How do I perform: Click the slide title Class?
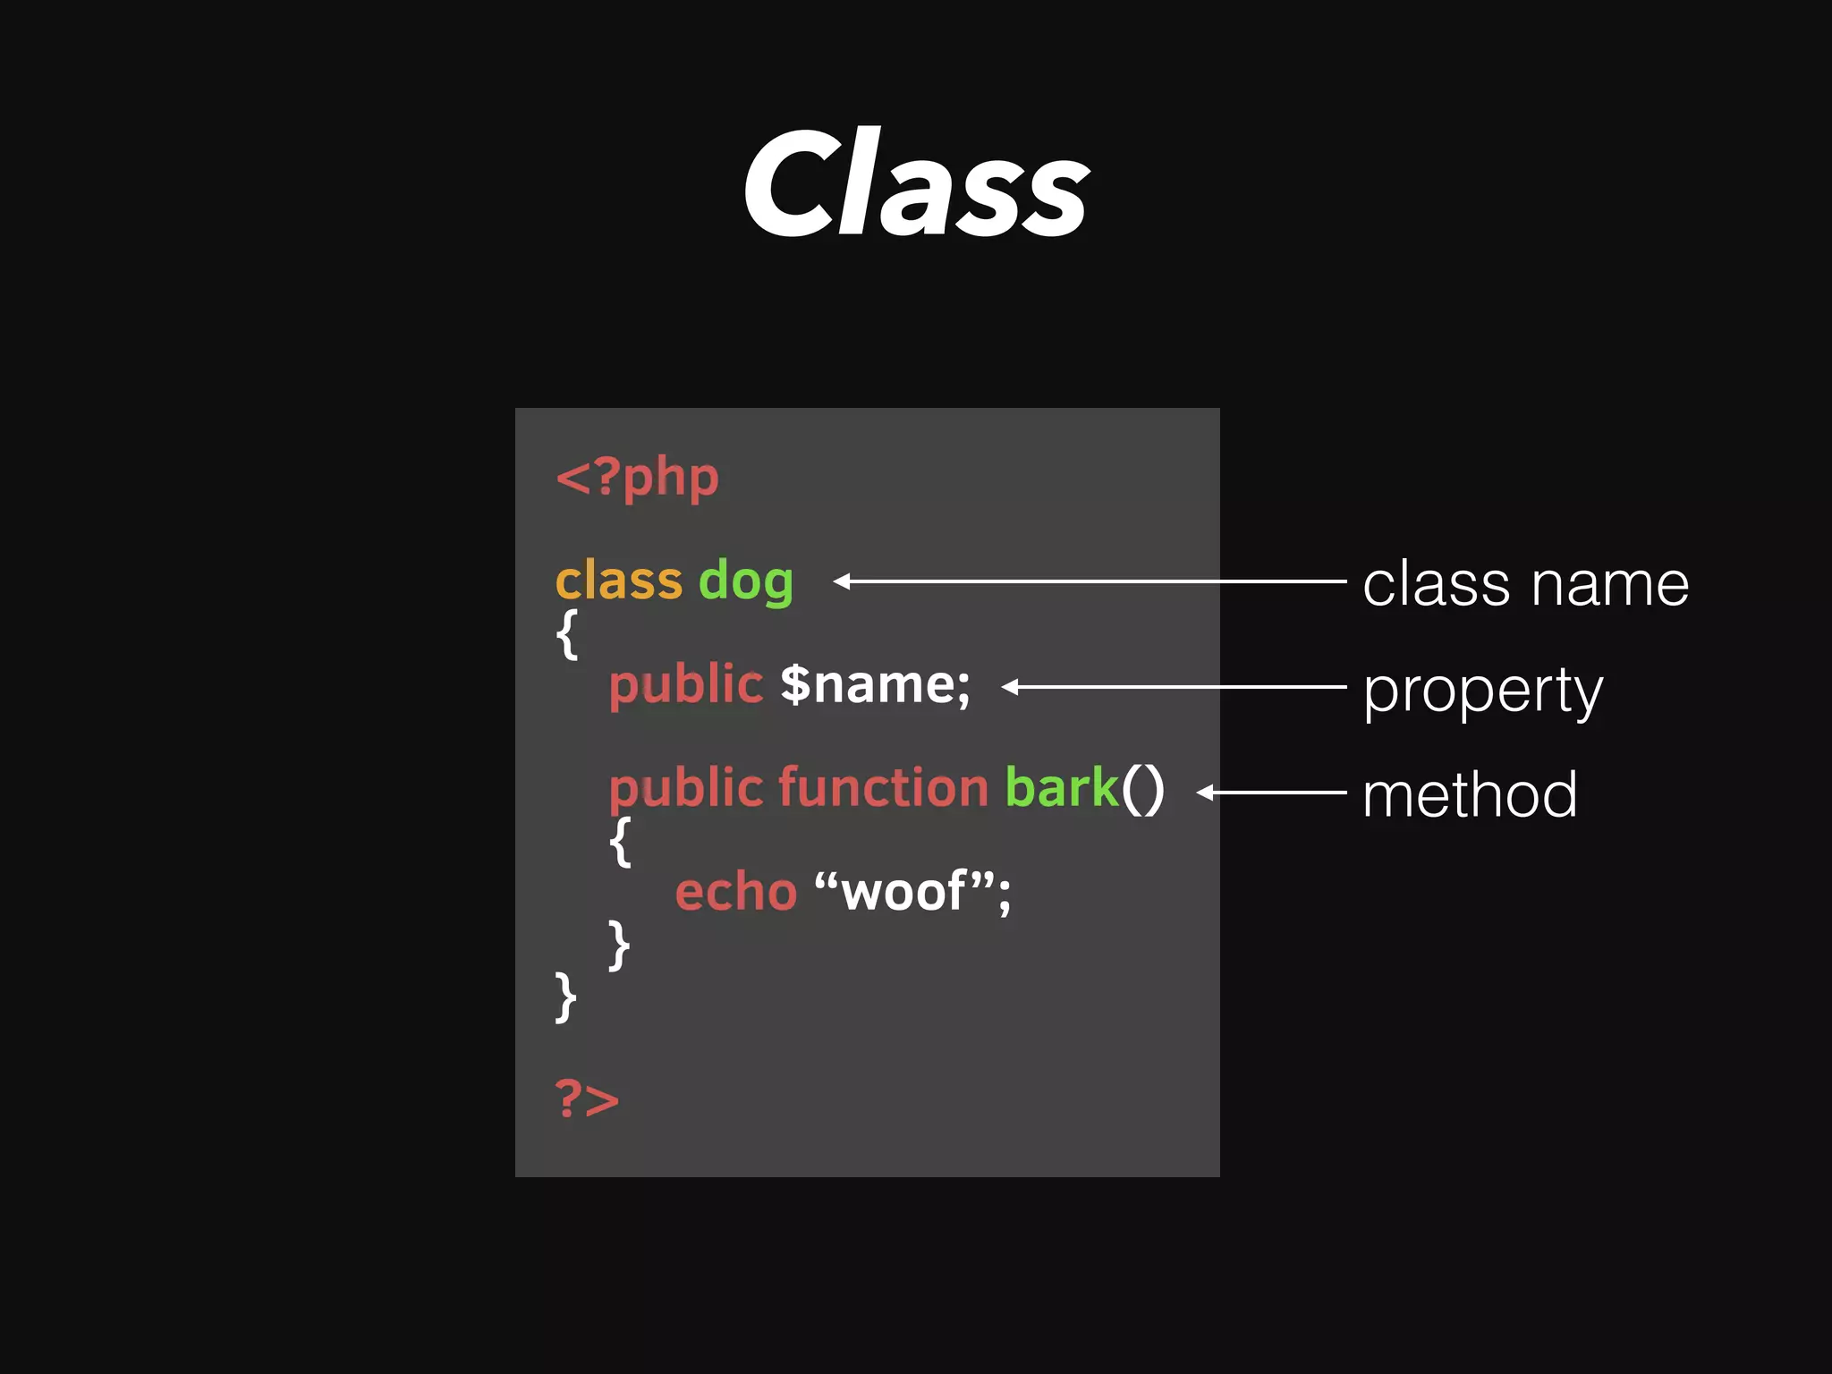(x=916, y=183)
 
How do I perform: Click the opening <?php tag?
(x=637, y=478)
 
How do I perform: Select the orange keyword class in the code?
(x=618, y=581)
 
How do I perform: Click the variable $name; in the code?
(x=875, y=685)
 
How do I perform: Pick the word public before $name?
(x=685, y=687)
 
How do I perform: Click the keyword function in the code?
(x=883, y=788)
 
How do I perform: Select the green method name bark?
(x=1062, y=788)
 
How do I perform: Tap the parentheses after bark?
(x=1142, y=790)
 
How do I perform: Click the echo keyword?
(x=735, y=893)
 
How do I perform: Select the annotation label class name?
(x=1525, y=584)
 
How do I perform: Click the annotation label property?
(x=1482, y=691)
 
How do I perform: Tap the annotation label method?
(x=1469, y=794)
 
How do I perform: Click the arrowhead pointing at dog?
(x=841, y=581)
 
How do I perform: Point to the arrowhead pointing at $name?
(x=1009, y=687)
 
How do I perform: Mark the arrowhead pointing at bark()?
(x=1204, y=793)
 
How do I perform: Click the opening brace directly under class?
(x=567, y=634)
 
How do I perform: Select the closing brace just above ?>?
(x=565, y=997)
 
